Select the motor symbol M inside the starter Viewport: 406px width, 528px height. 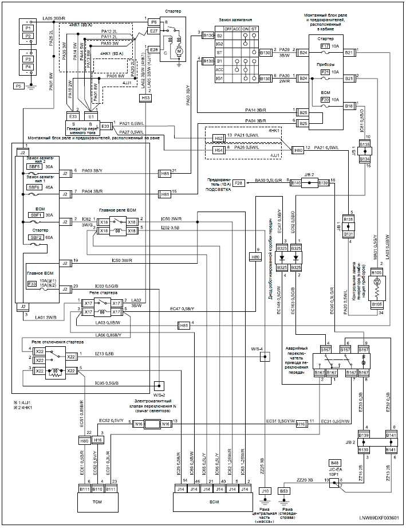click(x=178, y=52)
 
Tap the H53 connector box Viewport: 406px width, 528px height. click(x=145, y=98)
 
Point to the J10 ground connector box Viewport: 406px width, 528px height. click(x=265, y=491)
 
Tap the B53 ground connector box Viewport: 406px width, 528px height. click(x=284, y=491)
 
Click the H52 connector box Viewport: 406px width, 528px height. click(x=218, y=138)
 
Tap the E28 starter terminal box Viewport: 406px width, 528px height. click(x=153, y=49)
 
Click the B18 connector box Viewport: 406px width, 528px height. click(x=349, y=106)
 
